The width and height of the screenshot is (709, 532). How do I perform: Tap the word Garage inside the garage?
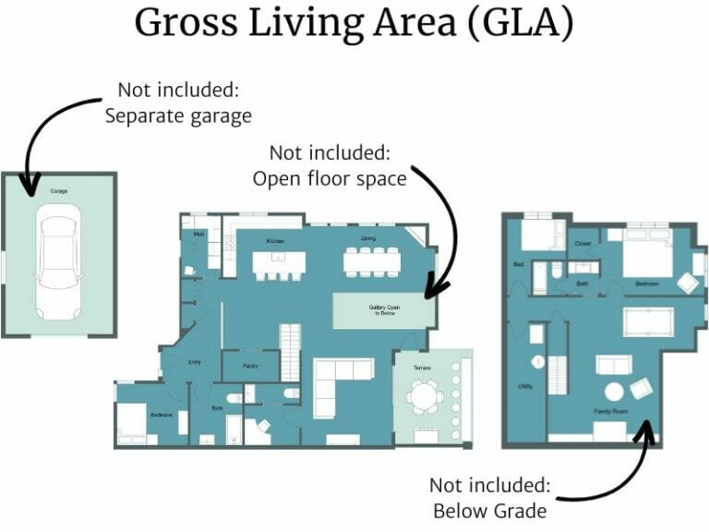(59, 191)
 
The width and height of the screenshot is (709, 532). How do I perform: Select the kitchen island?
(278, 263)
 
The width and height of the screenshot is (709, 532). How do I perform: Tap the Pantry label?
(250, 367)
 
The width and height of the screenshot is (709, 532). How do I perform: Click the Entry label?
(195, 363)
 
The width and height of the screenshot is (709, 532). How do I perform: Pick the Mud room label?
(198, 235)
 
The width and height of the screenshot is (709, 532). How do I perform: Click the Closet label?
(583, 244)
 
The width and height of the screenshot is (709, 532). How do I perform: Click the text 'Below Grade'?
(490, 510)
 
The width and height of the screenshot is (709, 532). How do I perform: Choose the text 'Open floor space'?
(330, 178)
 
